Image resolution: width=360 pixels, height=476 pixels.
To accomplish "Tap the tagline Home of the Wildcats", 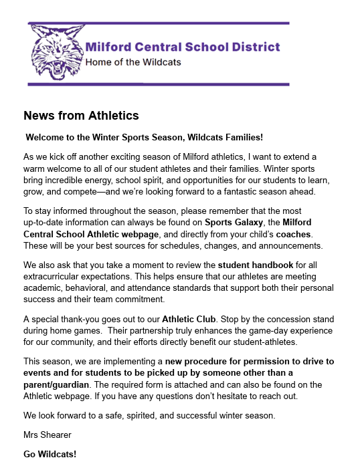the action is (x=133, y=63).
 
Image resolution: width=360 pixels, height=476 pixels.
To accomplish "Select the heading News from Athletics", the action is (x=81, y=116).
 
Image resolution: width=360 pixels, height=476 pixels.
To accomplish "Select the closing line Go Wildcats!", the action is (x=50, y=455).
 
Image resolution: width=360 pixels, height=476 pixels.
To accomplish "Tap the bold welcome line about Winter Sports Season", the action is (x=144, y=137).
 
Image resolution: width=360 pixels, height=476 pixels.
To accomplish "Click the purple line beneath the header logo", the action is (x=159, y=84).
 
